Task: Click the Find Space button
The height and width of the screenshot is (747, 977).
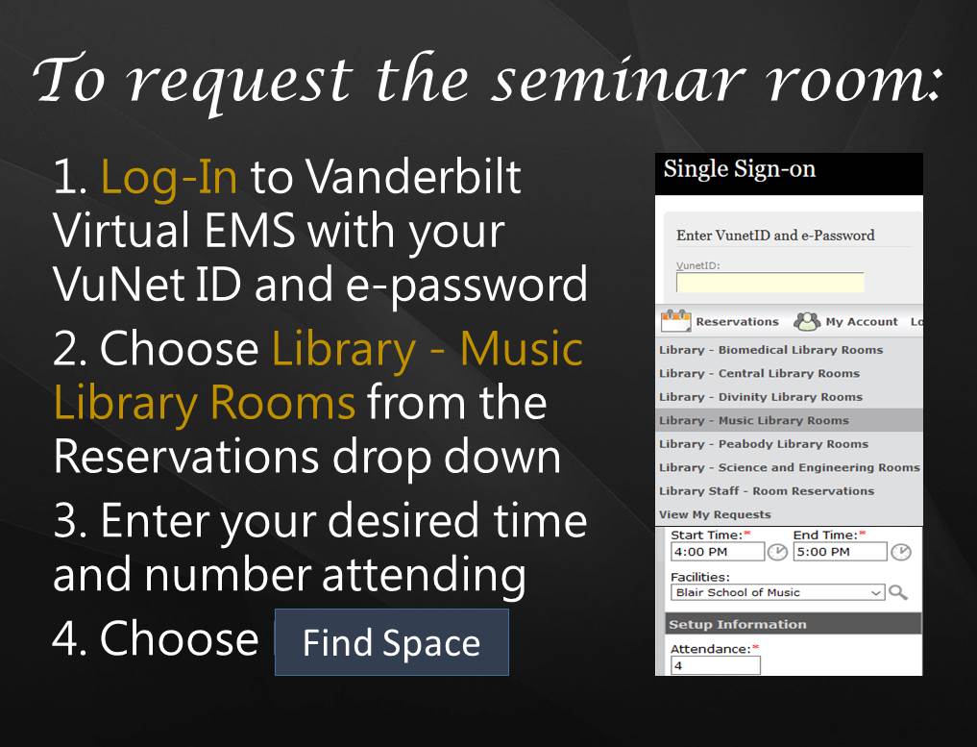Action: (391, 642)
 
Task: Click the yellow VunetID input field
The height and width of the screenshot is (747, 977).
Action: (769, 283)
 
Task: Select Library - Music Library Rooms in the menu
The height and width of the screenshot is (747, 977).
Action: (754, 420)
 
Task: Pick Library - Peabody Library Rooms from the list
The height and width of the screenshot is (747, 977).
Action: (763, 444)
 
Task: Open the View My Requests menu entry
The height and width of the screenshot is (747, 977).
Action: (715, 514)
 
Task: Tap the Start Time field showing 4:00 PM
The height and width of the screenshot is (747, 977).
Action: (717, 552)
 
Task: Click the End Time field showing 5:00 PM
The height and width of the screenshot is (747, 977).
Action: (840, 552)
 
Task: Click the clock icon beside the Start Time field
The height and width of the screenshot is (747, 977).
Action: (776, 552)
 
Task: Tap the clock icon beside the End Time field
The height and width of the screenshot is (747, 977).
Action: (900, 552)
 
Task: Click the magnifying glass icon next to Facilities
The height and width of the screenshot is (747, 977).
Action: (898, 592)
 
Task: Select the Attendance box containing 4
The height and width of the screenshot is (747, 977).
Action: (715, 665)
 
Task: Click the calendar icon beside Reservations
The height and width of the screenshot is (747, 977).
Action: (676, 321)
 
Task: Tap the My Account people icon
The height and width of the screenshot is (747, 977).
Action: (808, 321)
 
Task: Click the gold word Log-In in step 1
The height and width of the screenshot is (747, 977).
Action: (169, 178)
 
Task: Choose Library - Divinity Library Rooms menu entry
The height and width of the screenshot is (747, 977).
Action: (760, 397)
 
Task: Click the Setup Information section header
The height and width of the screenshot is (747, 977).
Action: (737, 624)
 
